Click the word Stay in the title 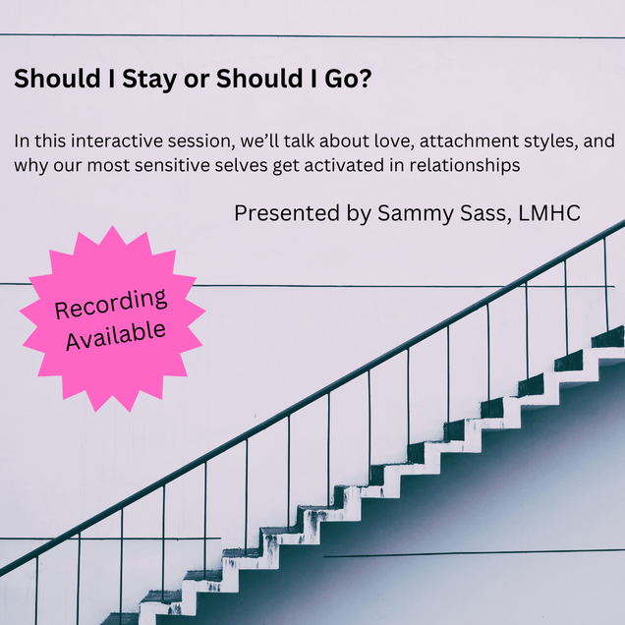coord(149,79)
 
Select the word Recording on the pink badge coord(111,304)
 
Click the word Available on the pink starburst coord(116,336)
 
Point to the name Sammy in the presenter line coord(416,213)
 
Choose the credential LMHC coord(549,213)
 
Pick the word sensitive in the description coord(172,165)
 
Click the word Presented coord(287,213)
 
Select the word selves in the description coord(241,165)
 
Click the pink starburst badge coord(112,318)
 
